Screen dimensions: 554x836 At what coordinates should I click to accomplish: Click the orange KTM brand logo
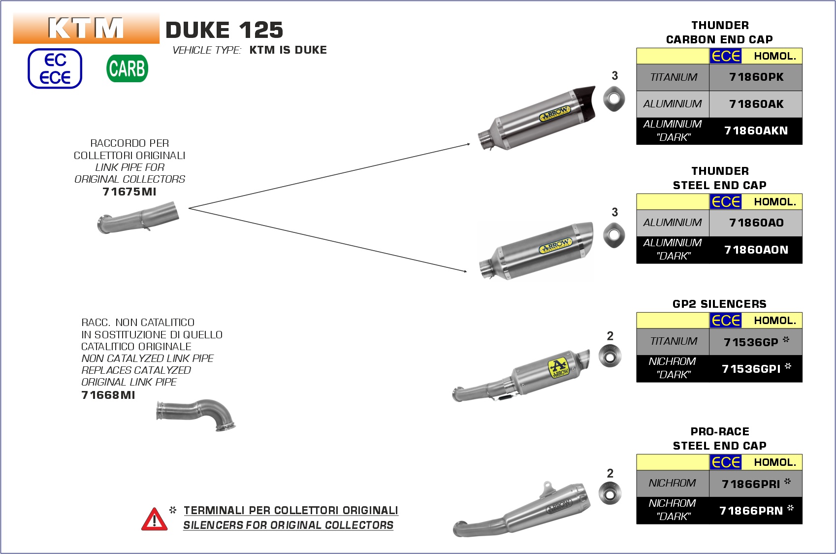pos(86,28)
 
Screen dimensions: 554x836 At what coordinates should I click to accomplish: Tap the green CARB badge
pos(127,68)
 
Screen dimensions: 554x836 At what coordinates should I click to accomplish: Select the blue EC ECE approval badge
pos(55,68)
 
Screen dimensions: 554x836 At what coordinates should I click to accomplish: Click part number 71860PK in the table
pos(756,77)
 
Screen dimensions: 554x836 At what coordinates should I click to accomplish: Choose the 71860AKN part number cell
pos(756,131)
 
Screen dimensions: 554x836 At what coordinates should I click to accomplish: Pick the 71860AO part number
pos(756,223)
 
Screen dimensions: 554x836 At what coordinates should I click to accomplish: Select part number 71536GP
pos(751,342)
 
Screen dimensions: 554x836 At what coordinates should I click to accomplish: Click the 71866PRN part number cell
pos(751,511)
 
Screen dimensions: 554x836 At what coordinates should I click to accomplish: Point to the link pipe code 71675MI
pos(129,192)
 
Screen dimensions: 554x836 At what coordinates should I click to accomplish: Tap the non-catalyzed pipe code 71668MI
pos(108,395)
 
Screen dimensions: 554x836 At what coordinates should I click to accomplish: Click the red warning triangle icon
pos(154,519)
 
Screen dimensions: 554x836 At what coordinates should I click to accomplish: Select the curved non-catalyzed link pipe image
pos(197,414)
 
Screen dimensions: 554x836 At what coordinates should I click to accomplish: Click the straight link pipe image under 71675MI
pos(138,217)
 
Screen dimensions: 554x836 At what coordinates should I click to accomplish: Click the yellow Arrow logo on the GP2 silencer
pos(558,368)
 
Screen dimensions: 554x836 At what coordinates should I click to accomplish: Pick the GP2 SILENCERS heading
pos(719,304)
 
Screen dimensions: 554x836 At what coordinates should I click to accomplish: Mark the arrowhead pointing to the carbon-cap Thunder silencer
pos(468,144)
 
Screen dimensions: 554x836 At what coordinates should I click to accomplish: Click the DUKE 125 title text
pos(225,30)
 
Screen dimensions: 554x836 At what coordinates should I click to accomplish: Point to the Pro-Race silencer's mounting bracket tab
pos(547,488)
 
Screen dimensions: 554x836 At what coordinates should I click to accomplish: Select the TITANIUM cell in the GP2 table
pos(673,342)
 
